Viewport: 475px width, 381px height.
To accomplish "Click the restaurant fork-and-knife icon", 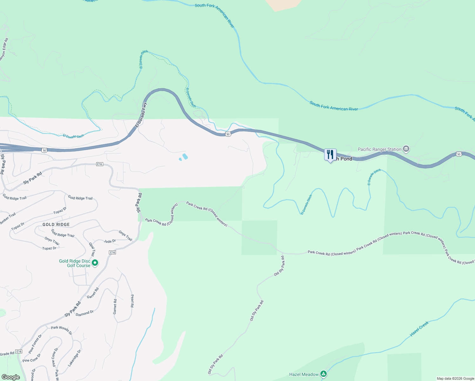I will pyautogui.click(x=330, y=155).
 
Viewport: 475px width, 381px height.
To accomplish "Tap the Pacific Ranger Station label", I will pyautogui.click(x=379, y=149).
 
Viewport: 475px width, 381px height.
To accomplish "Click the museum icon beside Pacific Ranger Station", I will pyautogui.click(x=406, y=149).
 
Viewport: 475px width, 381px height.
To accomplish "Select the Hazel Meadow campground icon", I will pyautogui.click(x=323, y=374).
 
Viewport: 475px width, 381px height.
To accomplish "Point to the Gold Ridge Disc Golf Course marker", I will pyautogui.click(x=95, y=263).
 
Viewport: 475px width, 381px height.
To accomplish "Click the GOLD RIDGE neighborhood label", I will pyautogui.click(x=56, y=224).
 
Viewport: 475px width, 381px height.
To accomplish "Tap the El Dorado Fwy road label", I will pyautogui.click(x=141, y=115).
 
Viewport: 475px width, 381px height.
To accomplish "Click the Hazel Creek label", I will pyautogui.click(x=419, y=329).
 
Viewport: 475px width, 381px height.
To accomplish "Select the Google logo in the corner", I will pyautogui.click(x=10, y=377).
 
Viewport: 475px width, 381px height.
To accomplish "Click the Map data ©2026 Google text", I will pyautogui.click(x=455, y=378).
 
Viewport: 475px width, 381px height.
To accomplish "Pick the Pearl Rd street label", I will pyautogui.click(x=132, y=301).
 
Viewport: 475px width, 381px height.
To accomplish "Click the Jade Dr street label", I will pyautogui.click(x=110, y=241).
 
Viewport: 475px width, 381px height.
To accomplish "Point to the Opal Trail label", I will pyautogui.click(x=92, y=250).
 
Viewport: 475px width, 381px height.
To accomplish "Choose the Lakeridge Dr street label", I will pyautogui.click(x=75, y=358).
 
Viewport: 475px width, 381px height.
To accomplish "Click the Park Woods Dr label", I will pyautogui.click(x=62, y=330).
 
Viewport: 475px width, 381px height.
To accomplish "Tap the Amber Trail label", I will pyautogui.click(x=8, y=219).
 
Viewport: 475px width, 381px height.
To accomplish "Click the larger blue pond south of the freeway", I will pyautogui.click(x=185, y=156).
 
